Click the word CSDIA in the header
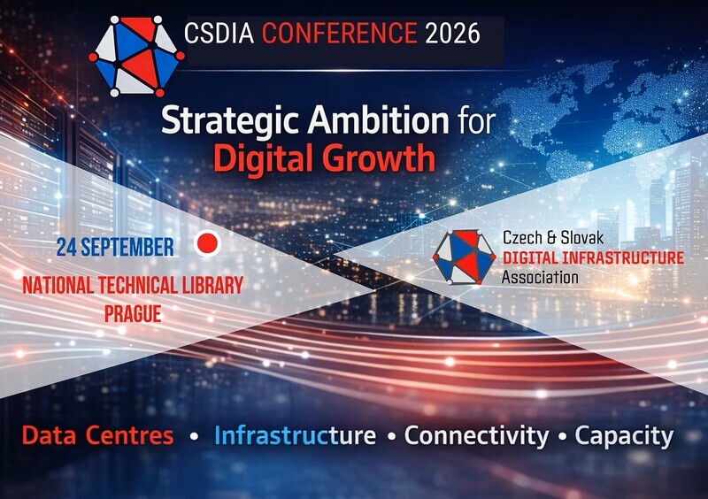click(219, 33)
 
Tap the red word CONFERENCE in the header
click(340, 33)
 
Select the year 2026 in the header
click(452, 33)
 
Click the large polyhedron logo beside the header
click(136, 57)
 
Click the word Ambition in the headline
click(379, 120)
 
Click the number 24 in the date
click(66, 248)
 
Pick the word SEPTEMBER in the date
click(127, 248)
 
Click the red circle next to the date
click(208, 243)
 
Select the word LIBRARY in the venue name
click(212, 286)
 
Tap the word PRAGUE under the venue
click(134, 314)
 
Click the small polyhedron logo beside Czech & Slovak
click(464, 257)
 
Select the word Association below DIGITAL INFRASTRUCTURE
click(540, 277)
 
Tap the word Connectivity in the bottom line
click(476, 435)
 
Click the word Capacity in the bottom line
click(624, 436)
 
